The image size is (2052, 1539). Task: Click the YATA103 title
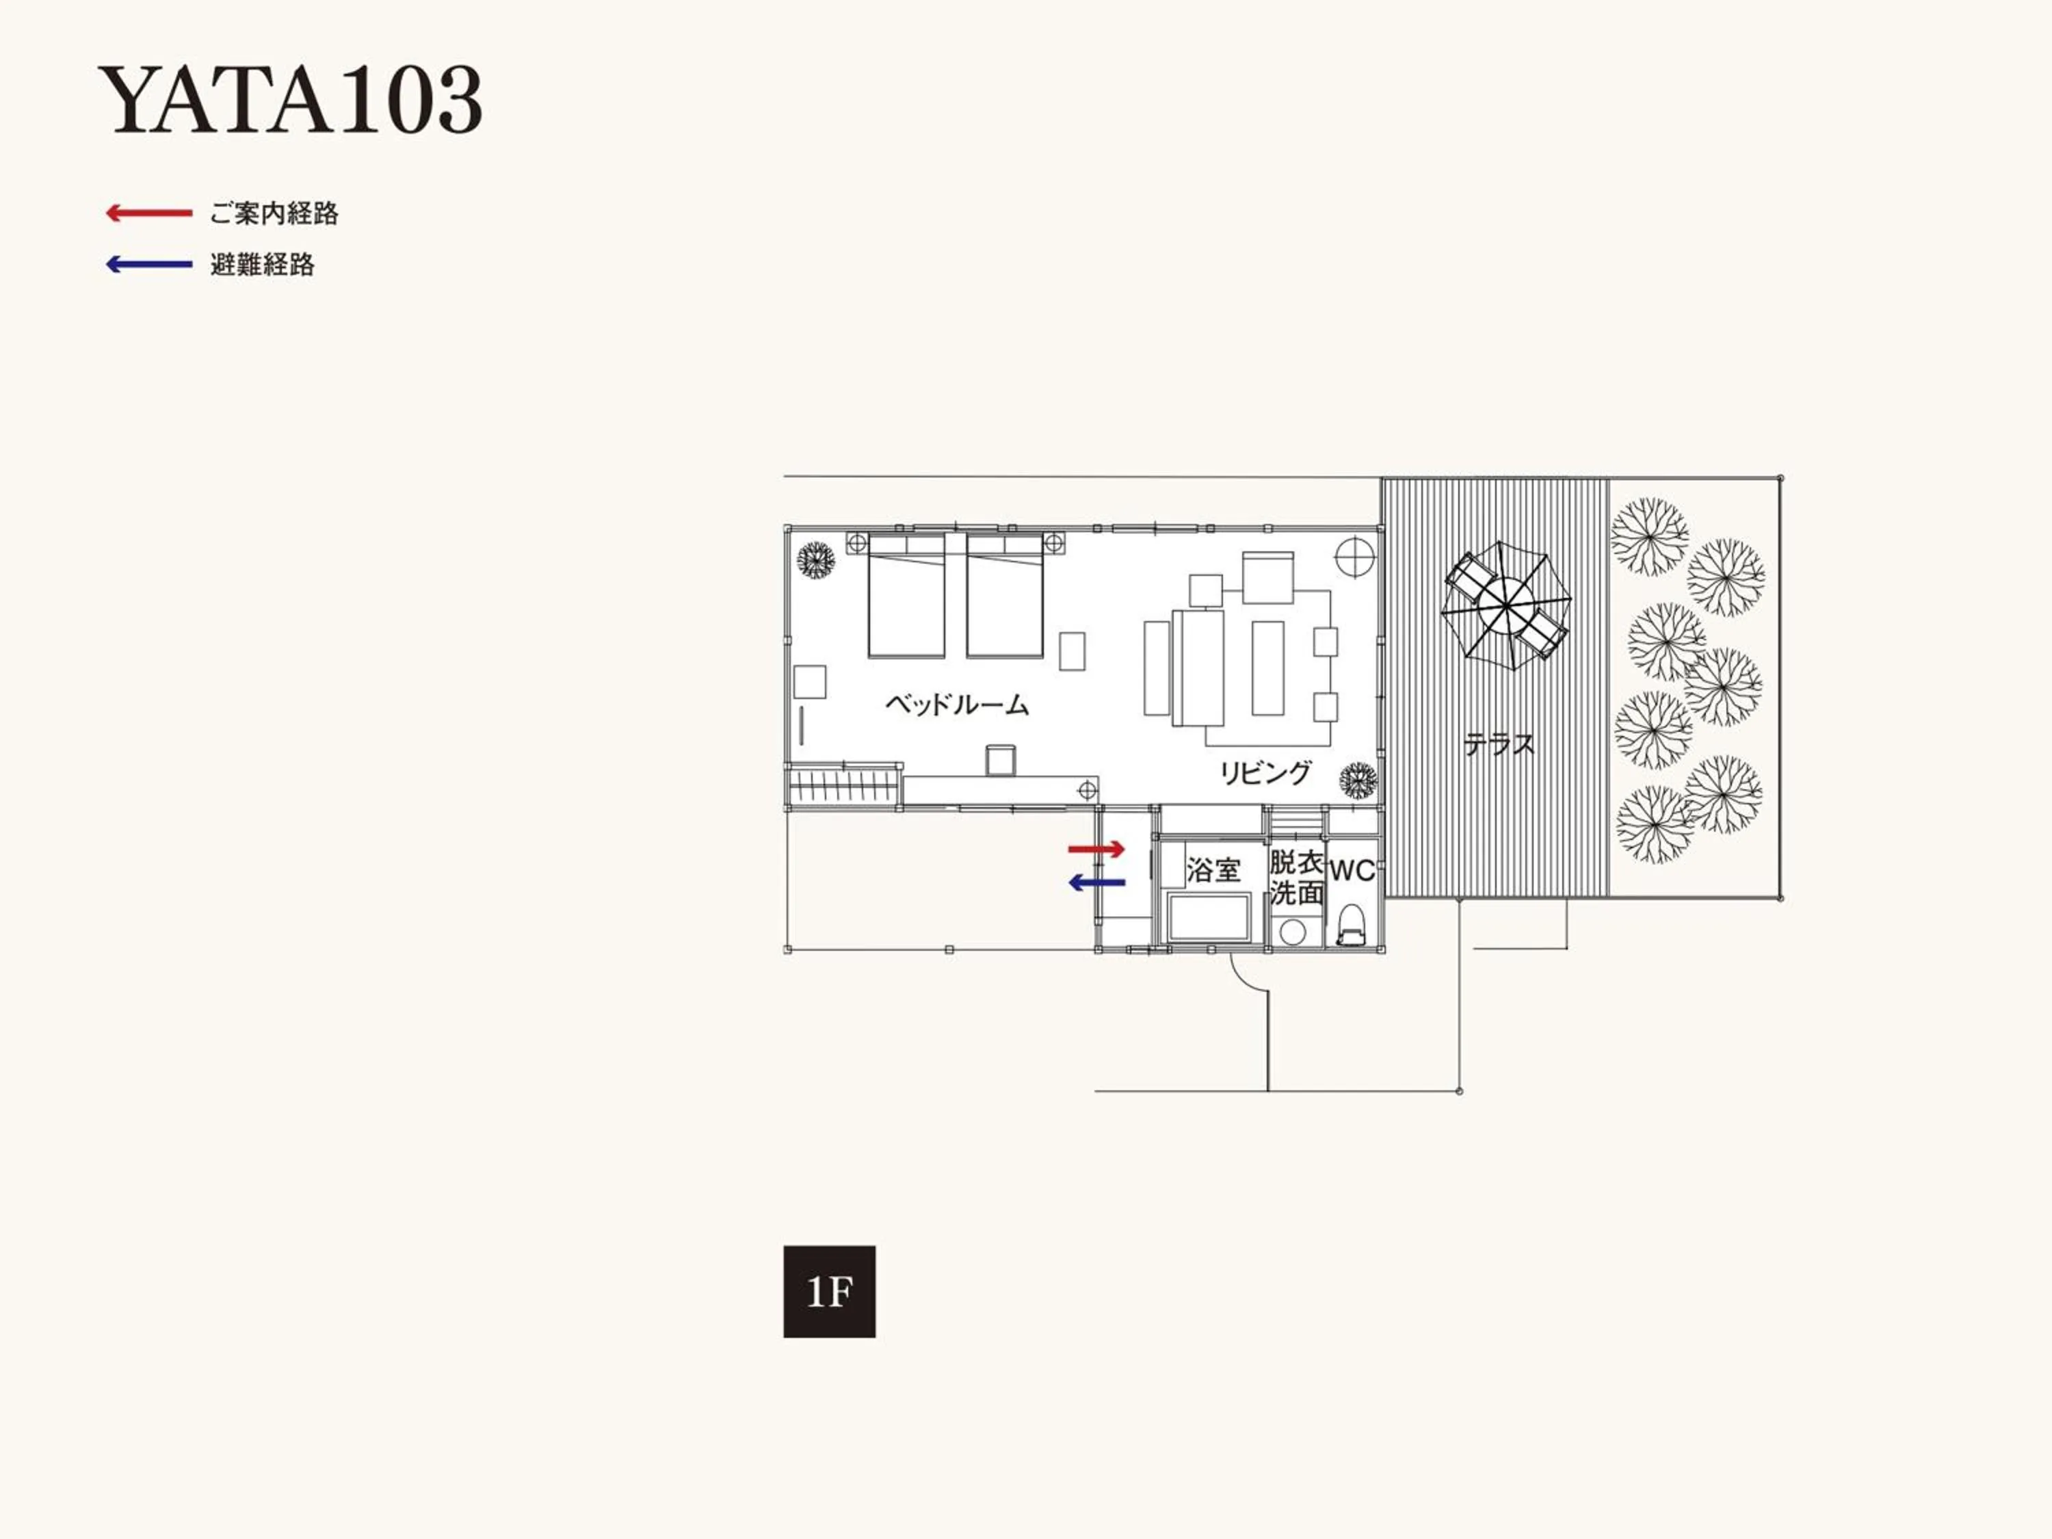point(289,99)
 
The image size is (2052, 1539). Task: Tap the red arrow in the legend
point(148,213)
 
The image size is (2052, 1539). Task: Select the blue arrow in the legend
point(148,265)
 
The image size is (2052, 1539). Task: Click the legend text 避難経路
point(263,265)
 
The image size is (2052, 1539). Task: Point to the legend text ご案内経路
point(274,214)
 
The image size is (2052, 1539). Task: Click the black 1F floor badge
point(829,1291)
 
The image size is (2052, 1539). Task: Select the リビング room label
point(1265,773)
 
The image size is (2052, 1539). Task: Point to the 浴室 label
point(1213,870)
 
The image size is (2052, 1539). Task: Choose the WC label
point(1352,871)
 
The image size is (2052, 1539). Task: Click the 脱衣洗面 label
point(1296,878)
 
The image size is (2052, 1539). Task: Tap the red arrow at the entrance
point(1096,849)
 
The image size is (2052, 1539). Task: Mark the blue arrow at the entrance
point(1096,883)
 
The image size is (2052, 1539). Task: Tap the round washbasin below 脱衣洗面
point(1291,932)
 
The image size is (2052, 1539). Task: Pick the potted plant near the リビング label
point(1358,781)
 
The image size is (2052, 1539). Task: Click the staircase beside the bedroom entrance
point(844,787)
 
